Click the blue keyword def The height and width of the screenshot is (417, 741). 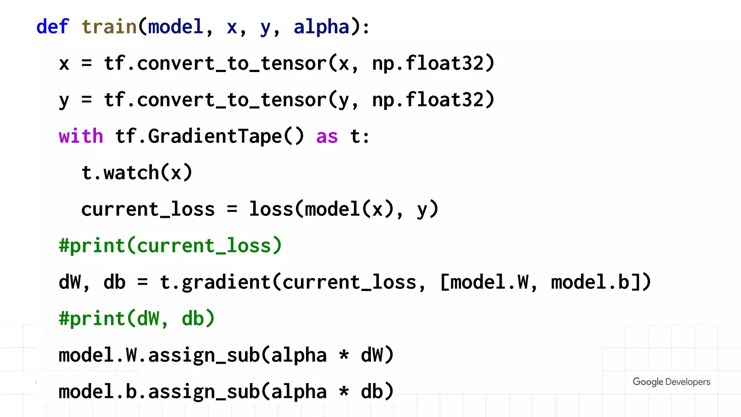(52, 27)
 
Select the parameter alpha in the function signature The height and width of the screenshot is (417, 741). (321, 27)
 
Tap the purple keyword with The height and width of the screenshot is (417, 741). (81, 136)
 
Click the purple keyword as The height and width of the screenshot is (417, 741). (327, 137)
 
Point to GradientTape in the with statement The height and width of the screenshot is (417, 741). (215, 136)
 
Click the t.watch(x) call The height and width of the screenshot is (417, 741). (137, 173)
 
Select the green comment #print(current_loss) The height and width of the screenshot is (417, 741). (170, 246)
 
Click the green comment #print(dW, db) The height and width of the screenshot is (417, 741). (137, 319)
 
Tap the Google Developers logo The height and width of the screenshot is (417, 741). (671, 382)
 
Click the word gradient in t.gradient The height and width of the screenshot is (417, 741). (226, 282)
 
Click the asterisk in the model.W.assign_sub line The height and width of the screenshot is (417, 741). (344, 355)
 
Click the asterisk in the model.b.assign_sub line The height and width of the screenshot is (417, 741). (344, 392)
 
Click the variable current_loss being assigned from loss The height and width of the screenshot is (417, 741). (148, 210)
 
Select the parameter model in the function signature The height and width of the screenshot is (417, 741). (175, 27)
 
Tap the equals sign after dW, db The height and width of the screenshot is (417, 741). (143, 282)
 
